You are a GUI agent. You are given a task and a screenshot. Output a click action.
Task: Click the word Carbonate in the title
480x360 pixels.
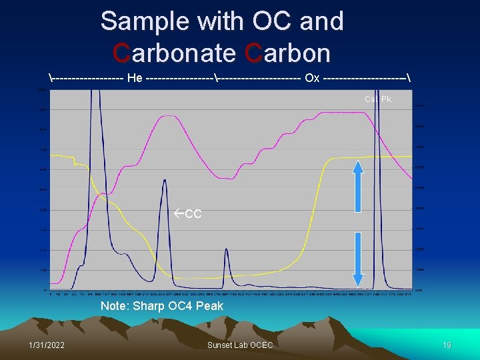click(175, 52)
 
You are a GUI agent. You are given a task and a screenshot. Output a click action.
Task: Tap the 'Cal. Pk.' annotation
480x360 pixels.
click(378, 99)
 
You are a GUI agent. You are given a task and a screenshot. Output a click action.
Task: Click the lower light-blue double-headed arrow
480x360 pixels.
click(358, 260)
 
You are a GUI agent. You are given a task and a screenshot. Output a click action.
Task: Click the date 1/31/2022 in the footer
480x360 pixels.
click(47, 345)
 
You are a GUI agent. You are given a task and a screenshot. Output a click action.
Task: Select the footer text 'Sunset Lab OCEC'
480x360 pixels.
click(240, 345)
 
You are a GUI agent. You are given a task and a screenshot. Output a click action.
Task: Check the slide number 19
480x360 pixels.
click(447, 345)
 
